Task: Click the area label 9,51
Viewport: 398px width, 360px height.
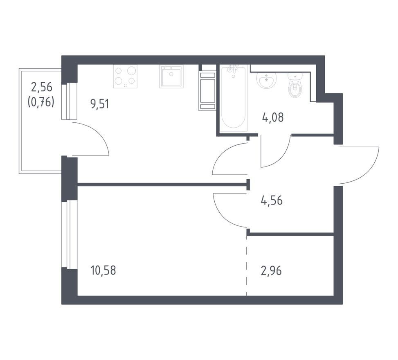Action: (99, 104)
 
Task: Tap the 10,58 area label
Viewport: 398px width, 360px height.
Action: (103, 270)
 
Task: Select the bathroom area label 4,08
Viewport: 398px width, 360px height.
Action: (272, 117)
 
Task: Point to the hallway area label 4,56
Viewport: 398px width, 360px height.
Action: (272, 200)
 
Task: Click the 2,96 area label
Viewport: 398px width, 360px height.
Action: (271, 271)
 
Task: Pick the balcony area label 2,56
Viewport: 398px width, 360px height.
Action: (41, 87)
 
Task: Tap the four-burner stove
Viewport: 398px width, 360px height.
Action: (125, 76)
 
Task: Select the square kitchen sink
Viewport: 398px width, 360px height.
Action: (171, 76)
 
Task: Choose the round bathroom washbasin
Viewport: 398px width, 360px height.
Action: (266, 80)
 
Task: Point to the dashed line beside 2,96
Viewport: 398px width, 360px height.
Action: (247, 265)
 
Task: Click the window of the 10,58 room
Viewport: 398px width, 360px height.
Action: (69, 234)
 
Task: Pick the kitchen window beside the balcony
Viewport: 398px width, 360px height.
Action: (69, 101)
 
